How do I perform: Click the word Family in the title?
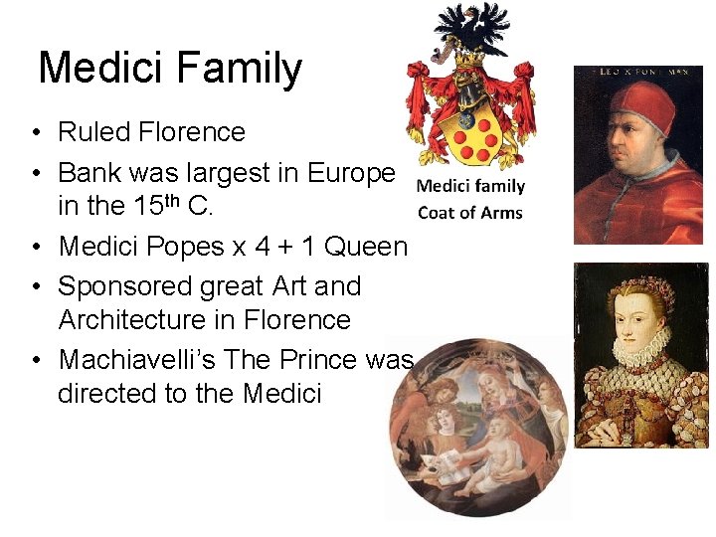239,69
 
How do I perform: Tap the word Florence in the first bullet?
193,132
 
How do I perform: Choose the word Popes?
178,246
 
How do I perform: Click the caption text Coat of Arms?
469,212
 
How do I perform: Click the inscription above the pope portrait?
639,72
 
